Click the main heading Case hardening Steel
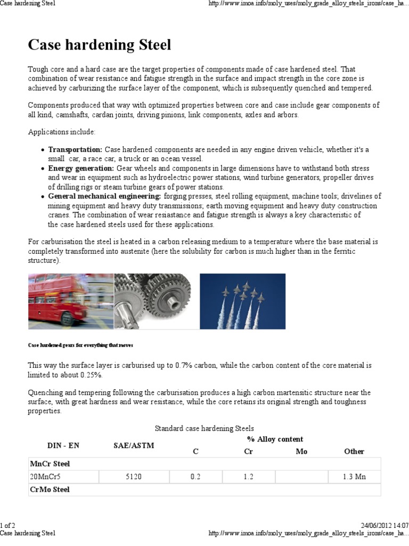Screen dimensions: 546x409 pyautogui.click(x=100, y=45)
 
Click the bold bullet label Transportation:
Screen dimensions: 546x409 pyautogui.click(x=76, y=150)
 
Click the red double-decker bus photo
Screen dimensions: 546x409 pyautogui.click(x=70, y=301)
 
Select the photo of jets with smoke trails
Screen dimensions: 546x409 pyautogui.click(x=242, y=301)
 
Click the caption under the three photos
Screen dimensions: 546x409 pyautogui.click(x=80, y=345)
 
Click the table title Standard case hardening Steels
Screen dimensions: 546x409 pyautogui.click(x=204, y=428)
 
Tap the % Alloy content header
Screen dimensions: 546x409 pyautogui.click(x=275, y=439)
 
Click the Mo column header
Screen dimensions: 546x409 pyautogui.click(x=301, y=452)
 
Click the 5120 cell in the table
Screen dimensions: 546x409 pyautogui.click(x=134, y=477)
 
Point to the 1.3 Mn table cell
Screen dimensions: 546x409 pyautogui.click(x=354, y=477)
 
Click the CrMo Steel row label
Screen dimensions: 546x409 pyautogui.click(x=51, y=489)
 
